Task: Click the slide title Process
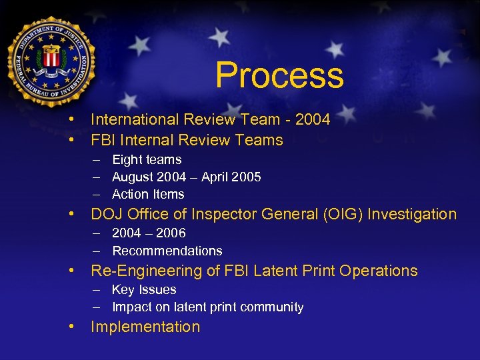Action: click(x=279, y=75)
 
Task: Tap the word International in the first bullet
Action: click(x=131, y=119)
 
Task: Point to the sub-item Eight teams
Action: click(x=147, y=159)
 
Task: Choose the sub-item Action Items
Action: click(x=148, y=194)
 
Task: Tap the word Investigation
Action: click(x=412, y=214)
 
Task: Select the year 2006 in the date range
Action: click(x=172, y=233)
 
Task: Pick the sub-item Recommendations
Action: click(x=167, y=251)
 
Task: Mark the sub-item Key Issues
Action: click(x=144, y=289)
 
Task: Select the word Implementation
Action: click(x=145, y=327)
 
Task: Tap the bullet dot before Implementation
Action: click(x=70, y=327)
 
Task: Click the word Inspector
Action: click(x=230, y=214)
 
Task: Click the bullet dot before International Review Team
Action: click(x=70, y=119)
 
